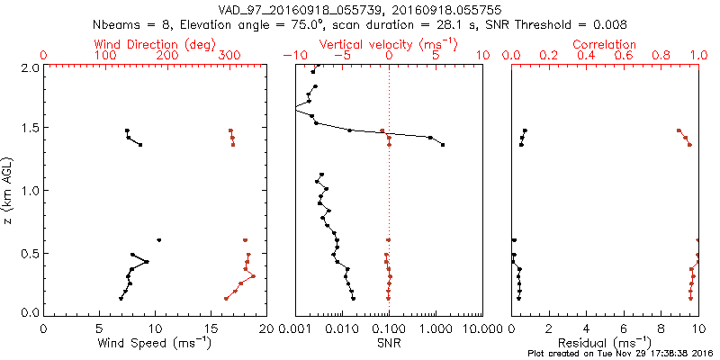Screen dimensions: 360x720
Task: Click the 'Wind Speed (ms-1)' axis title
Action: (x=156, y=343)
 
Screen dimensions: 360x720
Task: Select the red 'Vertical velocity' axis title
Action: (x=389, y=44)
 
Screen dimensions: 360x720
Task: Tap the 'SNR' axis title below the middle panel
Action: (x=389, y=343)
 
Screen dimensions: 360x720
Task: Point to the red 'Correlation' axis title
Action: (x=605, y=44)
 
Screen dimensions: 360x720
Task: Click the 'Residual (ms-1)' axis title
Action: (x=605, y=343)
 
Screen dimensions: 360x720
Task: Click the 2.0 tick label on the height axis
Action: (x=29, y=67)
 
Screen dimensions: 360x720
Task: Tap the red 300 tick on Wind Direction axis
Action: (x=229, y=56)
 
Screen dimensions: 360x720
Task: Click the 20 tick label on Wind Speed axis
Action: (x=265, y=328)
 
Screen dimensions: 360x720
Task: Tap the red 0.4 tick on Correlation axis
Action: (x=586, y=56)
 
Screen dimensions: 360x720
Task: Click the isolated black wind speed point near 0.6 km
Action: (x=159, y=240)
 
